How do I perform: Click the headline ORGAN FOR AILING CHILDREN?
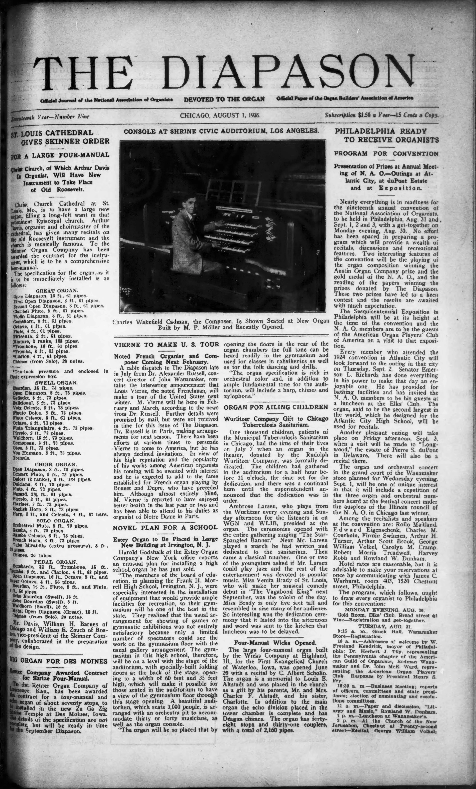click(276, 407)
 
